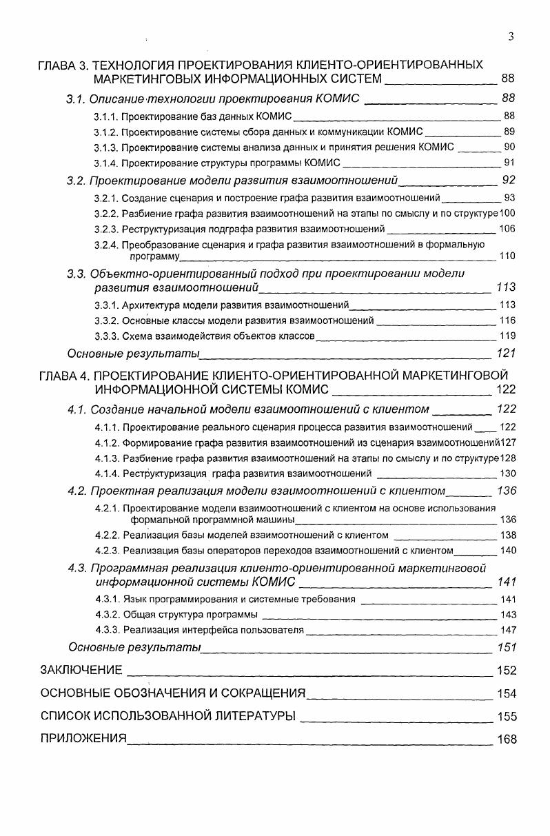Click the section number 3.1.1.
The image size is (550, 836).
[106, 116]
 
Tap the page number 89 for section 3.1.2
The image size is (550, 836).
[509, 132]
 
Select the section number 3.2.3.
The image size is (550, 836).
[106, 229]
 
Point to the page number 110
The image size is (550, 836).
[507, 256]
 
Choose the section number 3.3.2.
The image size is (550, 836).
[106, 320]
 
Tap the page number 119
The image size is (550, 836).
[507, 336]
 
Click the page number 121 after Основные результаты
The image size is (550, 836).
[506, 354]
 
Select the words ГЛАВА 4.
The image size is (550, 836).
[64, 376]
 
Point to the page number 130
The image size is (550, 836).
[507, 473]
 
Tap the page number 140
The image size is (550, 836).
[507, 551]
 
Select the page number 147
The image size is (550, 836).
[507, 630]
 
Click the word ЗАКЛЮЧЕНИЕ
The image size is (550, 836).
[81, 670]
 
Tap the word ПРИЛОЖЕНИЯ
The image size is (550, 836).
[83, 739]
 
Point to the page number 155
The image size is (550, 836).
[507, 717]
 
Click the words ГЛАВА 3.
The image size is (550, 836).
[63, 65]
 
